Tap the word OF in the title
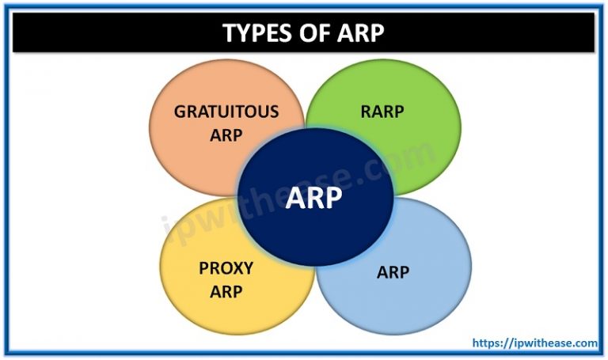(x=313, y=32)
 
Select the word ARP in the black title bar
(x=361, y=32)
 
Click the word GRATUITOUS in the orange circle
(x=226, y=112)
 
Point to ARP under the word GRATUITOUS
(x=226, y=135)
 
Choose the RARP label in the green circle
(x=382, y=112)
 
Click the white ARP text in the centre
(x=313, y=197)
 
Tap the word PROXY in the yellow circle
(x=226, y=268)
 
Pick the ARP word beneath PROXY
(x=226, y=291)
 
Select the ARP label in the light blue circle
(x=393, y=272)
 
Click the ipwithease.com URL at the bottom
(x=534, y=343)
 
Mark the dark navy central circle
(x=315, y=197)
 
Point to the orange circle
(x=227, y=128)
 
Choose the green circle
(x=383, y=127)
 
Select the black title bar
(x=304, y=32)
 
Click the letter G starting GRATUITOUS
(x=180, y=112)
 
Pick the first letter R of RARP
(x=366, y=112)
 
